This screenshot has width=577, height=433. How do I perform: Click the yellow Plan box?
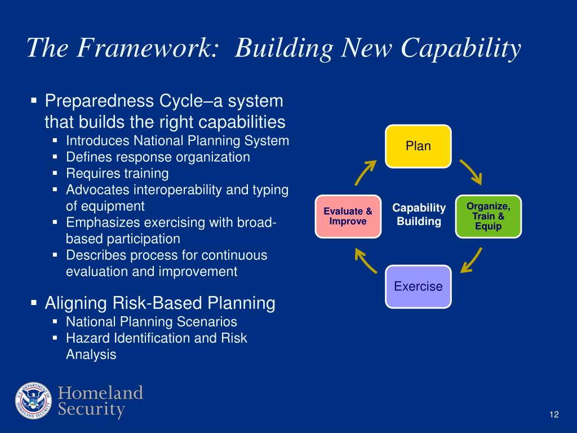(418, 146)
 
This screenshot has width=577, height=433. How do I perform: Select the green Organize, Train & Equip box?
(489, 216)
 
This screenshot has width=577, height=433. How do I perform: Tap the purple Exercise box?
(418, 286)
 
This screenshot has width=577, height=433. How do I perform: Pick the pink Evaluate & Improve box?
(348, 216)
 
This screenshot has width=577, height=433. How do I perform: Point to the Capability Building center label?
(419, 214)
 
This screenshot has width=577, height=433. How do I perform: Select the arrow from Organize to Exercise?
(472, 260)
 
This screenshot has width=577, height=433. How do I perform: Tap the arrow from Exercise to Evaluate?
(365, 260)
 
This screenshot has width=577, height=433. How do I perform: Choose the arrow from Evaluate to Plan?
(365, 173)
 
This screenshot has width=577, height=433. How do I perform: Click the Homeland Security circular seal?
(33, 400)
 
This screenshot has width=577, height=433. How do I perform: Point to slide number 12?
(554, 414)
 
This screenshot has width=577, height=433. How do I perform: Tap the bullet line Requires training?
(117, 174)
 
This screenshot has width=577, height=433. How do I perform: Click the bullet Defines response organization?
(158, 157)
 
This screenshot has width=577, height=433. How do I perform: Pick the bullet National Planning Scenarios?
(152, 322)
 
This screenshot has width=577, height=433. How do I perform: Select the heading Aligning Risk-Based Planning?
(160, 304)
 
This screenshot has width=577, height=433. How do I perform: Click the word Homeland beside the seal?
(100, 392)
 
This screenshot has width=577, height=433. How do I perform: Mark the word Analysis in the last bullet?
(91, 355)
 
